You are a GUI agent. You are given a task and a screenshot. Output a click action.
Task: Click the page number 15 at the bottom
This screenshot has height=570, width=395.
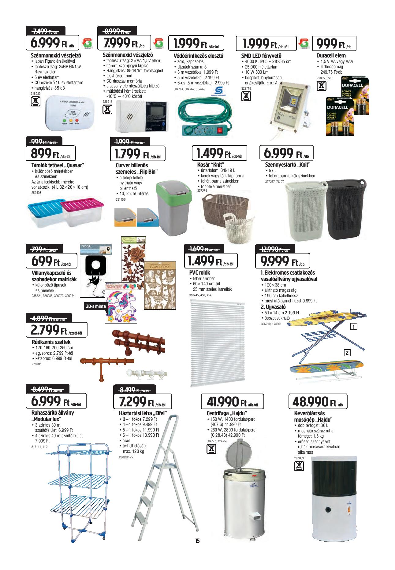(x=197, y=549)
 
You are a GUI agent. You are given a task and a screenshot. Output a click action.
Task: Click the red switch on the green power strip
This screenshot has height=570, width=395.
(x=219, y=131)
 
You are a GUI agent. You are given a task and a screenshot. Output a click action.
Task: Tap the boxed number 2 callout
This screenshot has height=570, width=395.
(x=347, y=353)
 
